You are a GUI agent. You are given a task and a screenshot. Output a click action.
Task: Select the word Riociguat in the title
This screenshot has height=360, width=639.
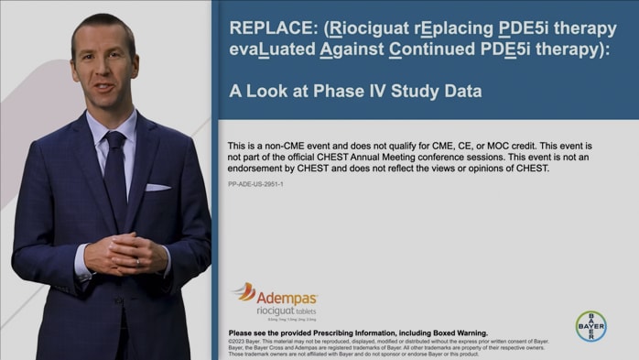(362, 27)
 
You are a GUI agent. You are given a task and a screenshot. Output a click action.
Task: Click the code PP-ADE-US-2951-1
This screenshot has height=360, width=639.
(255, 185)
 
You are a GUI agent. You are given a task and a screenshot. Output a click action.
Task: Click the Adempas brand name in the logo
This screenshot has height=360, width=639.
(287, 298)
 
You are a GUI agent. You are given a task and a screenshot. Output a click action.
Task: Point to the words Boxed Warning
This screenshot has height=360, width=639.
(454, 333)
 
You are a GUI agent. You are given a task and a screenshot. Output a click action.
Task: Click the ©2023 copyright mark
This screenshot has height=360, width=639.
(238, 341)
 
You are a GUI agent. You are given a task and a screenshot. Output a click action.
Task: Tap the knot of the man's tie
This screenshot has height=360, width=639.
(115, 140)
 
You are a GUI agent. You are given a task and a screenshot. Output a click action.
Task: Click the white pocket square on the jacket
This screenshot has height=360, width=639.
(157, 188)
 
